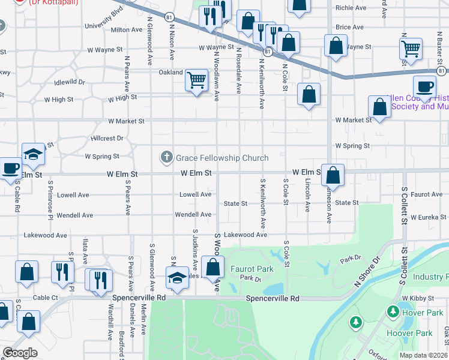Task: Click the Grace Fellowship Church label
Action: coord(221,158)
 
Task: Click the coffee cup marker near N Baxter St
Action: coord(424,85)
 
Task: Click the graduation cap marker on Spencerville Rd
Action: coord(177,277)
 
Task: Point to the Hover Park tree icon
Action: coord(393,312)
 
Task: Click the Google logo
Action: coord(20,353)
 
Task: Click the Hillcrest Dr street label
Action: coord(107,137)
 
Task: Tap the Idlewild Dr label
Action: coord(70,82)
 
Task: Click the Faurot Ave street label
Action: coord(427,194)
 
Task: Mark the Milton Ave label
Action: coord(126,29)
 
